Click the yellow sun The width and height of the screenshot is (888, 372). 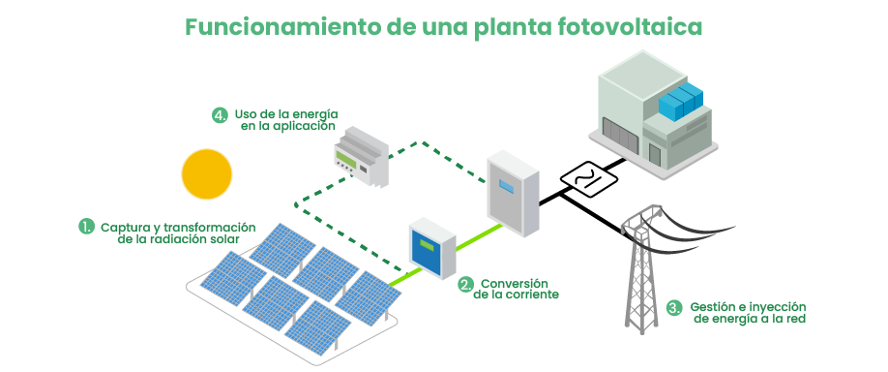pyautogui.click(x=207, y=173)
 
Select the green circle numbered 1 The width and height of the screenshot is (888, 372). pyautogui.click(x=87, y=226)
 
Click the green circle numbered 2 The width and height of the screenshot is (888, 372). pyautogui.click(x=466, y=284)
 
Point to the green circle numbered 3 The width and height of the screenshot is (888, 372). pyautogui.click(x=675, y=308)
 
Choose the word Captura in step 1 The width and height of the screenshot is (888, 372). pyautogui.click(x=124, y=226)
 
